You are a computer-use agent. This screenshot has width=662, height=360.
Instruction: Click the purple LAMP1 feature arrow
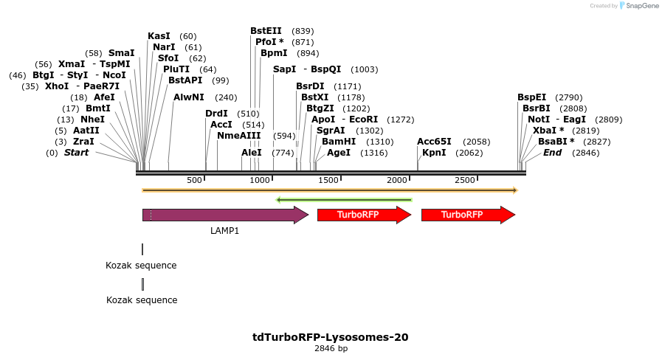(221, 215)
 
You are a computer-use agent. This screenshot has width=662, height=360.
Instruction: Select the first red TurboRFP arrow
(362, 215)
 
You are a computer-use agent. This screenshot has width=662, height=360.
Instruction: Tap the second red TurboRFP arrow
(466, 215)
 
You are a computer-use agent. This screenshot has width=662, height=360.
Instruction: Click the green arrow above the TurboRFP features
(343, 199)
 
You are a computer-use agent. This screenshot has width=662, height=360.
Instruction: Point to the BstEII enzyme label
(266, 31)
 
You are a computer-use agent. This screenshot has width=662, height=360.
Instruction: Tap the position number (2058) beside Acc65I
(476, 142)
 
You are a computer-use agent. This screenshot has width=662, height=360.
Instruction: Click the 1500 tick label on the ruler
(328, 181)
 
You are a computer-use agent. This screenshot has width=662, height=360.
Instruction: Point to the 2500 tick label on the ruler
(465, 181)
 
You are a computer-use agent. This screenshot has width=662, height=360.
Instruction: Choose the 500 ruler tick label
(194, 181)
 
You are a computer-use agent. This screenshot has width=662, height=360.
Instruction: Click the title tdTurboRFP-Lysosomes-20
(330, 337)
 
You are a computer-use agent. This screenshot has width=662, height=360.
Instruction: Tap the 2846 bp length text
(330, 348)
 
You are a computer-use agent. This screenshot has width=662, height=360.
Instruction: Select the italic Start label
(76, 153)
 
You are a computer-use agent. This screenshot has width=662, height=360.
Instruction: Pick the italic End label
(552, 153)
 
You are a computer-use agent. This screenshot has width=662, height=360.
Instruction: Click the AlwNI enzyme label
(190, 97)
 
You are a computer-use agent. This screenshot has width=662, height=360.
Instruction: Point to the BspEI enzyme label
(531, 97)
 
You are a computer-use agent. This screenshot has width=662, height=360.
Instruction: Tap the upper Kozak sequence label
(141, 266)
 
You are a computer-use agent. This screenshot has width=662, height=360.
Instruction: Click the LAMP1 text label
(224, 231)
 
